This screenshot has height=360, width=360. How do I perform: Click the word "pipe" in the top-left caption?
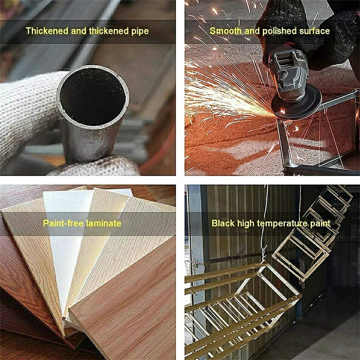[x=140, y=31]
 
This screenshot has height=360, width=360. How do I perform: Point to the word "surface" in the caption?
[x=314, y=31]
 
